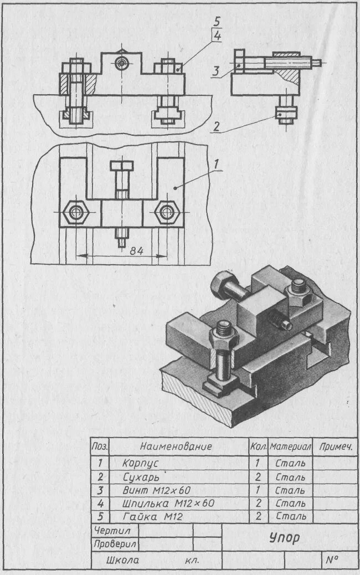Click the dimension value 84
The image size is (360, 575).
136,251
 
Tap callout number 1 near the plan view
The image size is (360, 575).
218,165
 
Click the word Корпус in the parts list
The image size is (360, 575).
140,462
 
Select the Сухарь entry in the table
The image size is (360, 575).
141,476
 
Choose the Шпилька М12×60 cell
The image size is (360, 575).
168,504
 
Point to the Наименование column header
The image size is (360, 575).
176,446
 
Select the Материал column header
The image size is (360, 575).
290,446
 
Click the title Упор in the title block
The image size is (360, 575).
285,537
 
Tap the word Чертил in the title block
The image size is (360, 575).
112,531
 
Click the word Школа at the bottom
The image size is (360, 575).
124,560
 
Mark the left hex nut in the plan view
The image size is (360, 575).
74,212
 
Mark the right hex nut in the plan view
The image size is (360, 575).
166,212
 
